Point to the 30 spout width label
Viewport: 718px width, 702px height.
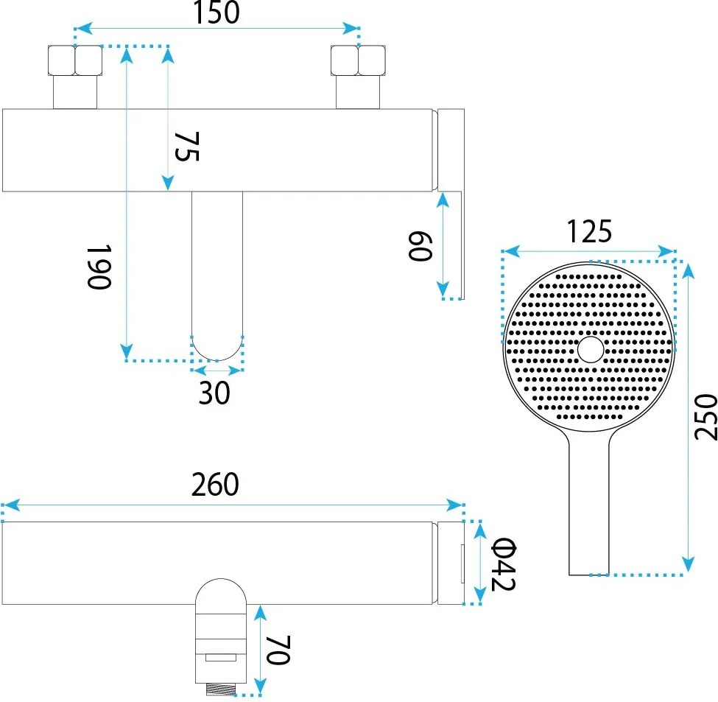pyautogui.click(x=214, y=393)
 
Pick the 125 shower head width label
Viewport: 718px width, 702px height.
pyautogui.click(x=589, y=232)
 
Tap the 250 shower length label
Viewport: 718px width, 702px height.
pyautogui.click(x=705, y=416)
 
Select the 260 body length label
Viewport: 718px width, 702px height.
pyautogui.click(x=215, y=485)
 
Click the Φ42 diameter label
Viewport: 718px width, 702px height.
pyautogui.click(x=504, y=564)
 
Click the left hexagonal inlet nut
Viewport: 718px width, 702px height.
pyautogui.click(x=74, y=61)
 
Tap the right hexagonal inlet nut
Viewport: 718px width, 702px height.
pyautogui.click(x=358, y=61)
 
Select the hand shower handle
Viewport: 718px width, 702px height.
pyautogui.click(x=589, y=508)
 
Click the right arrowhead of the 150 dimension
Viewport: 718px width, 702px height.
pyautogui.click(x=353, y=29)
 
